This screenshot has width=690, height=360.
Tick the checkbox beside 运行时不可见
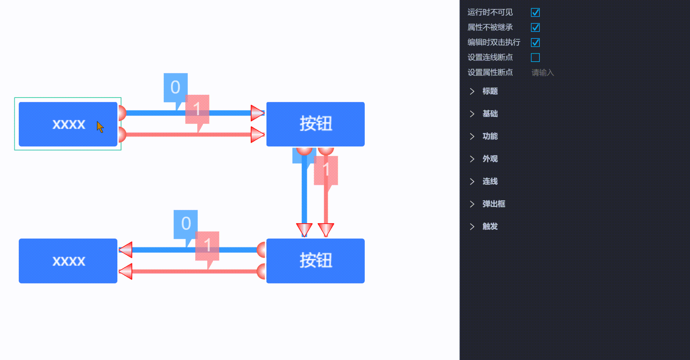click(x=535, y=12)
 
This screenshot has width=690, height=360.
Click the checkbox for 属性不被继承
click(x=535, y=27)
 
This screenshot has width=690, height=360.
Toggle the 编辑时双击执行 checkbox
click(x=535, y=43)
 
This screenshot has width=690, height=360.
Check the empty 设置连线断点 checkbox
click(x=535, y=57)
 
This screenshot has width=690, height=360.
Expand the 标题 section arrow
click(x=472, y=91)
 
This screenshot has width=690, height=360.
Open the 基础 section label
click(x=490, y=114)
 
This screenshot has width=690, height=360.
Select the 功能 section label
click(x=490, y=136)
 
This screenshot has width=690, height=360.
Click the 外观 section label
click(x=490, y=159)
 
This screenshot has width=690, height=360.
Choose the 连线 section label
click(x=490, y=181)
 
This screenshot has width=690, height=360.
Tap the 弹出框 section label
click(x=493, y=204)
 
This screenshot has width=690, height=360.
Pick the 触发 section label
click(x=490, y=226)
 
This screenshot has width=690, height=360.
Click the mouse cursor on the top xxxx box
click(x=100, y=127)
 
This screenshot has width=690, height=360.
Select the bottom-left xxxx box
click(x=68, y=261)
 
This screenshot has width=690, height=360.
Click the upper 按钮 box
click(x=315, y=124)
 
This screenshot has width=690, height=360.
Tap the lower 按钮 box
click(x=315, y=261)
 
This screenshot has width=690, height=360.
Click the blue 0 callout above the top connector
click(x=175, y=87)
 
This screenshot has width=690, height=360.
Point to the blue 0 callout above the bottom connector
click(x=185, y=224)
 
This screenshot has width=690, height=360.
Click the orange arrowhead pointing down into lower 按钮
click(x=326, y=229)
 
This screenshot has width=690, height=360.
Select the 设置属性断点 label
click(x=490, y=73)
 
